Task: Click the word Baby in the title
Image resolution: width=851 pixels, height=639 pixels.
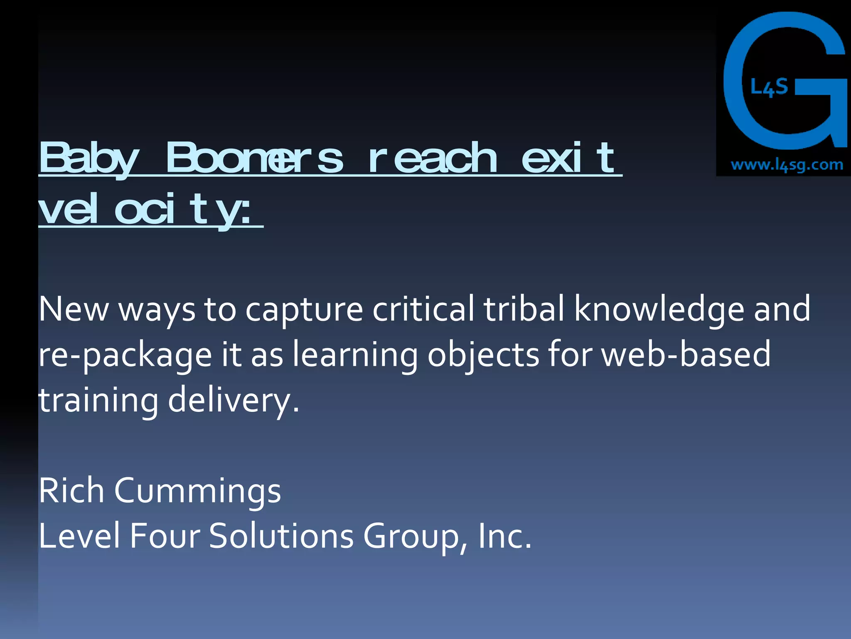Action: coord(89,158)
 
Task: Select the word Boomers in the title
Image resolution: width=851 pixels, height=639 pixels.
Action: coord(254,158)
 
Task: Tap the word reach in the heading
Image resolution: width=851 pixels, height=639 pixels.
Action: coord(433,158)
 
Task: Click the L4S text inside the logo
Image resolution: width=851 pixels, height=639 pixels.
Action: coord(769,87)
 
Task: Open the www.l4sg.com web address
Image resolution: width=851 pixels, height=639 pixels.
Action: coord(787,165)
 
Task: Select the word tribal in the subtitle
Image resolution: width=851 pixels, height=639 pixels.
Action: coord(524,309)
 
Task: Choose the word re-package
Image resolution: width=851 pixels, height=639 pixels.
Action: coord(125,355)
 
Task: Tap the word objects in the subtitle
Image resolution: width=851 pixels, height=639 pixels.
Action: coord(483,355)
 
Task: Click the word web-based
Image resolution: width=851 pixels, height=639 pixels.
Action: coord(686,354)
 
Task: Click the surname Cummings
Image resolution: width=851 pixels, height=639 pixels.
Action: coord(197,491)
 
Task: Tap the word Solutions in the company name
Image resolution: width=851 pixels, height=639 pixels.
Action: coord(281,536)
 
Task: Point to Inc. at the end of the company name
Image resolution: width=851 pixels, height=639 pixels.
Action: coord(504,536)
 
